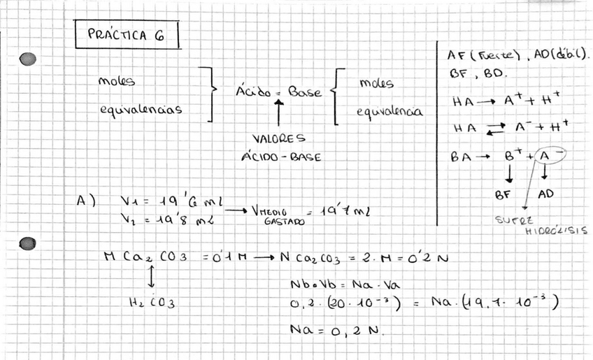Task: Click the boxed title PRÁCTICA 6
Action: pos(126,36)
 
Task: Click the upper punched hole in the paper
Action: pos(28,59)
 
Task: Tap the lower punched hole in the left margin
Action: pos(28,243)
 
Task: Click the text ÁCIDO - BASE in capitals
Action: pos(281,157)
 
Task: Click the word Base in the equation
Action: pos(305,92)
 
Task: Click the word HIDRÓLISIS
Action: pos(556,230)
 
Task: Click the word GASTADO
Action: pos(285,220)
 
